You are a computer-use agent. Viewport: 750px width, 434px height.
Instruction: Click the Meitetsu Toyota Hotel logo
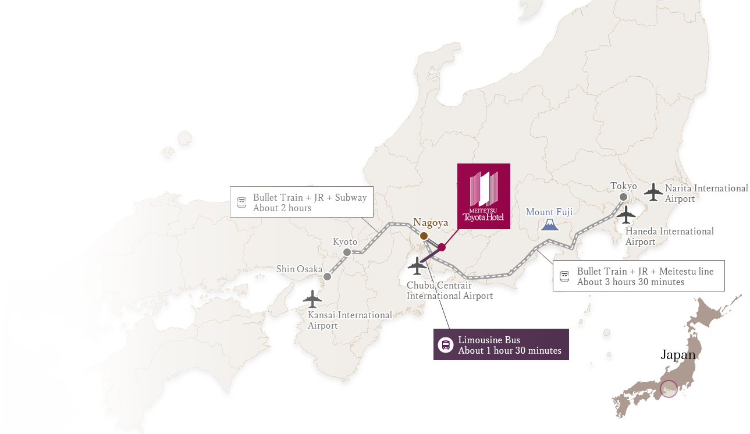click(484, 196)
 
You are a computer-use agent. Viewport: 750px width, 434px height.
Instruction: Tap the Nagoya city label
click(431, 222)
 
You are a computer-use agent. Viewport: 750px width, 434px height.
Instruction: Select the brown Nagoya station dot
click(424, 236)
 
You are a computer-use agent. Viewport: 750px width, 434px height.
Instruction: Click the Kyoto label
click(345, 241)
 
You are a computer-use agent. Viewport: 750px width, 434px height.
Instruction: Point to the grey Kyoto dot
click(347, 252)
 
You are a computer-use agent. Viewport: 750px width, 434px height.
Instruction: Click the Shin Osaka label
click(299, 269)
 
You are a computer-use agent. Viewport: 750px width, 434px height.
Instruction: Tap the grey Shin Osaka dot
click(327, 276)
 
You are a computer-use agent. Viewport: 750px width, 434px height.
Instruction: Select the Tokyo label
click(624, 186)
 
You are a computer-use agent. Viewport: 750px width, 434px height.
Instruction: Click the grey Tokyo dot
click(624, 197)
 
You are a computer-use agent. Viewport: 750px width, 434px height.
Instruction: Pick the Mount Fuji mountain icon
click(549, 224)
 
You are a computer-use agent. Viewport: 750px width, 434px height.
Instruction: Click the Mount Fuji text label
click(549, 212)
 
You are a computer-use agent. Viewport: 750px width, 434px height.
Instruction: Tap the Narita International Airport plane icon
click(653, 192)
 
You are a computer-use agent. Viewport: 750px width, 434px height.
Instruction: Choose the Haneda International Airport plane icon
click(626, 216)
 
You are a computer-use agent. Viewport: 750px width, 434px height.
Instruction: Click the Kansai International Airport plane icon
click(312, 298)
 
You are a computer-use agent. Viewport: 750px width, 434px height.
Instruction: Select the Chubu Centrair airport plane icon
click(417, 266)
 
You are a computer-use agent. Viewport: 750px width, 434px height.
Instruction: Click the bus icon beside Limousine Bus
click(445, 345)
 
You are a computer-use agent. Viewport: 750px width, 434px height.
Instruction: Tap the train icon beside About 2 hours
click(241, 202)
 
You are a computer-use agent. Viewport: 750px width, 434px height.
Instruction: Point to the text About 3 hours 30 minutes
click(630, 282)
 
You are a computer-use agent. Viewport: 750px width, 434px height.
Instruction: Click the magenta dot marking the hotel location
click(442, 247)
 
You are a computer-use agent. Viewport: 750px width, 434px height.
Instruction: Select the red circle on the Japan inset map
click(669, 389)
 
